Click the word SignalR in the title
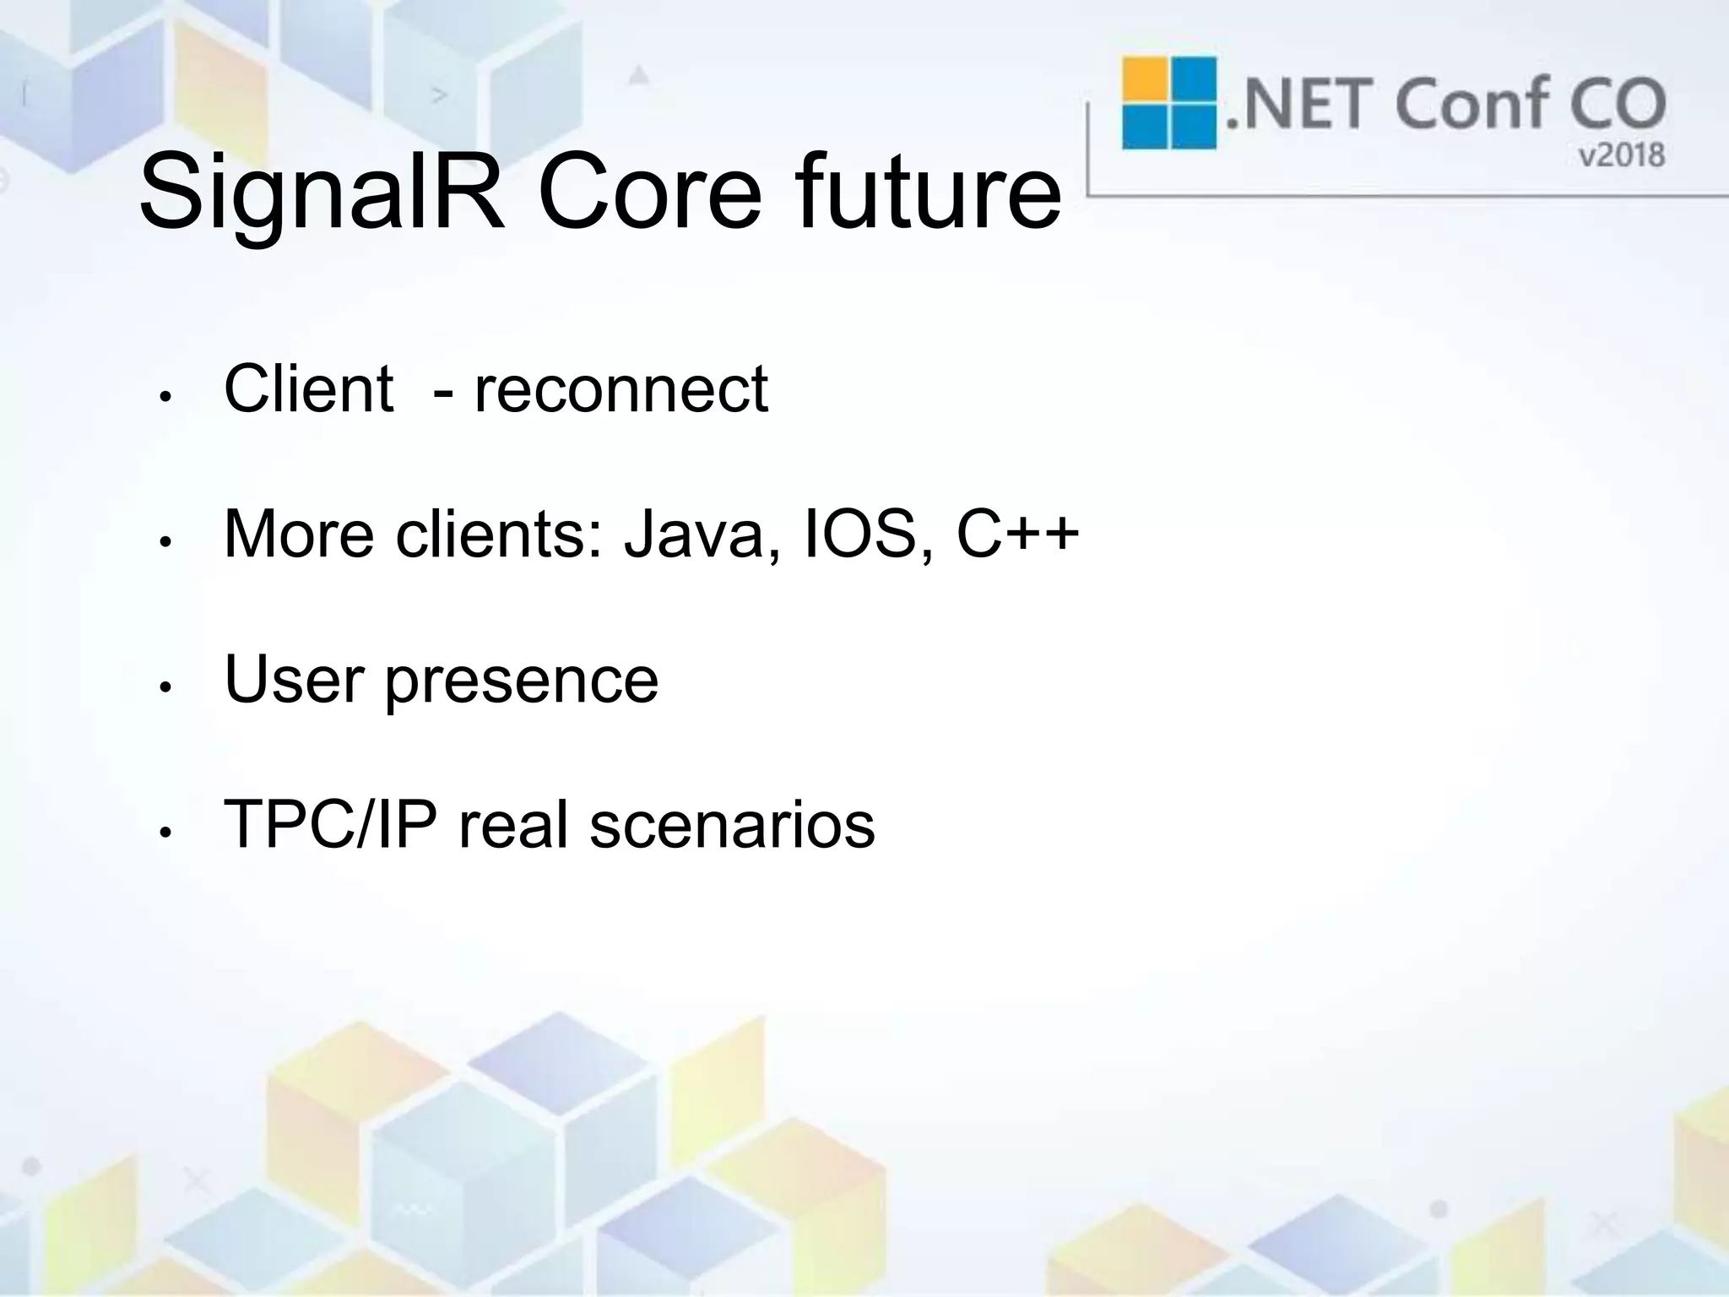click(x=322, y=193)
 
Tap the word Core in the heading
click(x=649, y=193)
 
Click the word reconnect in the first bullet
click(x=621, y=389)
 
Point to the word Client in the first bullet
click(x=308, y=389)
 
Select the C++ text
click(x=1017, y=535)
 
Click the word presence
click(x=521, y=681)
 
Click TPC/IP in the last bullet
click(x=330, y=825)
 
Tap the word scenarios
click(x=732, y=825)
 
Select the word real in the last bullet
click(x=512, y=825)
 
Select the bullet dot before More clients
click(x=166, y=543)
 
